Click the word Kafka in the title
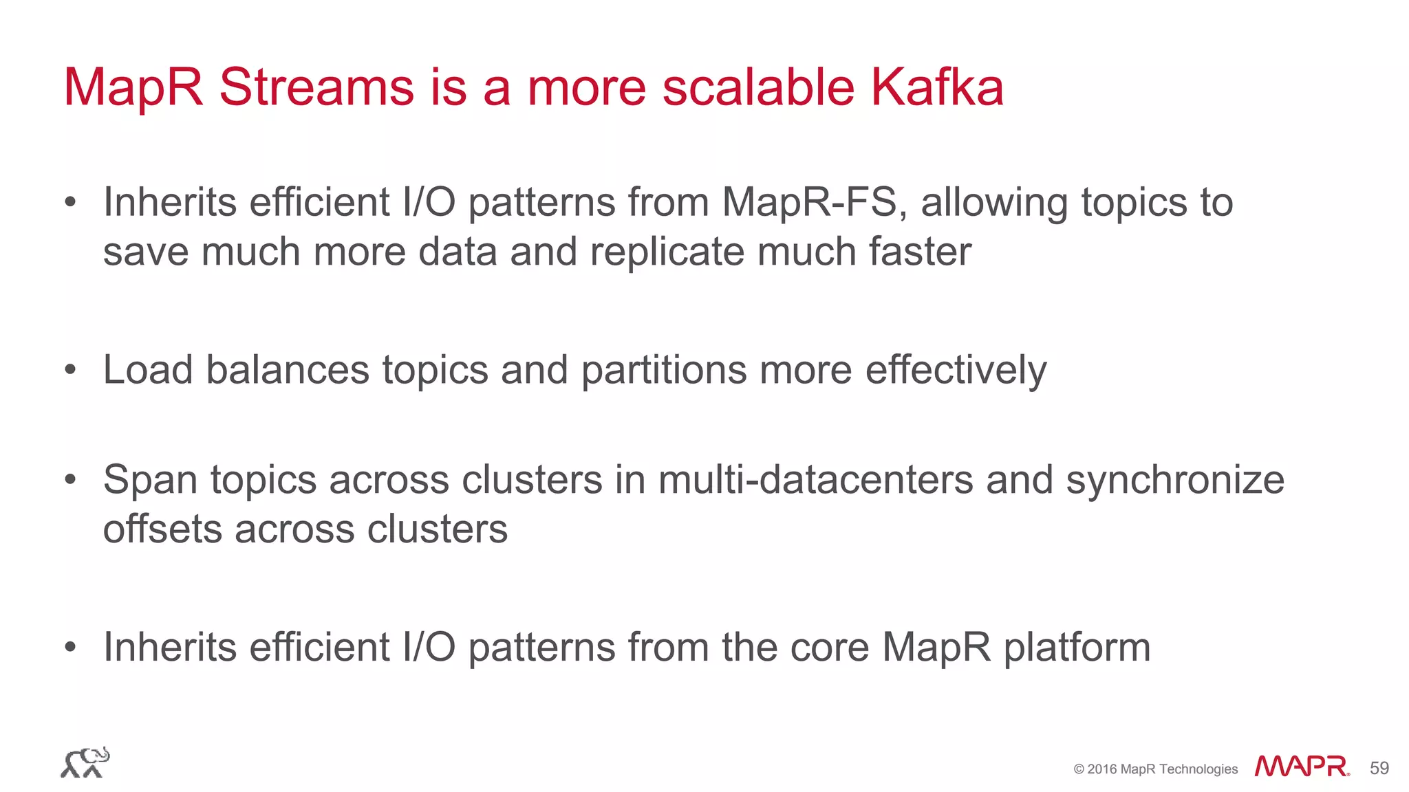tap(937, 87)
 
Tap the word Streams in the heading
tap(316, 87)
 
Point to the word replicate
tap(667, 252)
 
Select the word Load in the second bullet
tap(148, 370)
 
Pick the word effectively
tap(956, 371)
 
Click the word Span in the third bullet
tap(151, 481)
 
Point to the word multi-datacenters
tap(816, 480)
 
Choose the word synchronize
tap(1175, 481)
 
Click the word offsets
tap(162, 529)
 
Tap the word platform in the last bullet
tap(1077, 648)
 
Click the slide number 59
tap(1379, 769)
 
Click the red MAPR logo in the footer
tap(1301, 767)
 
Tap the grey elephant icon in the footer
tap(85, 762)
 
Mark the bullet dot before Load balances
tap(69, 371)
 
